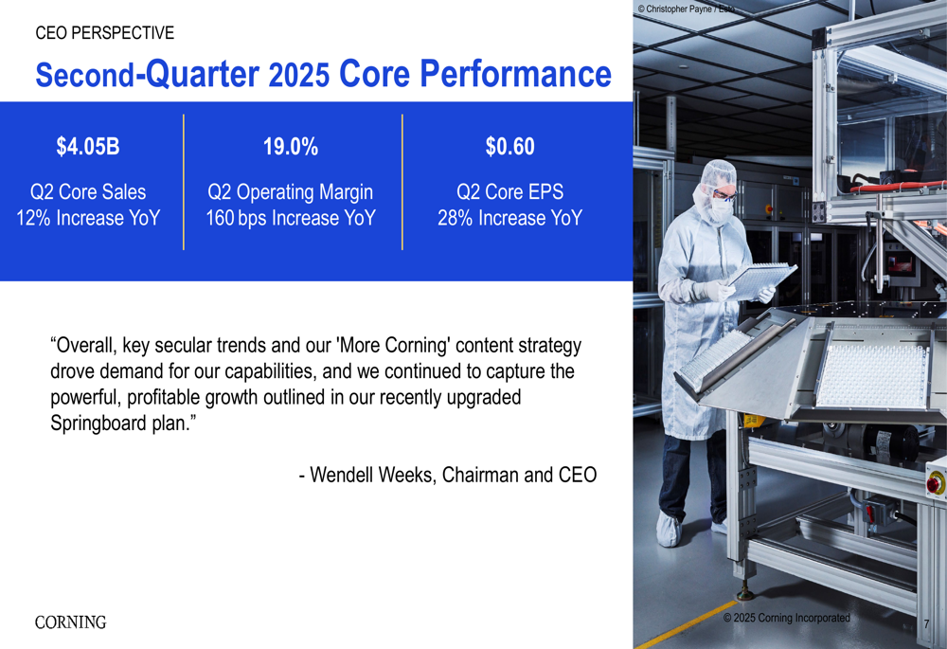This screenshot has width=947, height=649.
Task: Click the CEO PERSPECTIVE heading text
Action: [104, 32]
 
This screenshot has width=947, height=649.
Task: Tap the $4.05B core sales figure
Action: [88, 146]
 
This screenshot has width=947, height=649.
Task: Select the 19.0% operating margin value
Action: [291, 146]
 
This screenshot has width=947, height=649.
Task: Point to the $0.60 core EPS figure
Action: [510, 146]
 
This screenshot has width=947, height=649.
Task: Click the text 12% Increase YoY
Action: [88, 218]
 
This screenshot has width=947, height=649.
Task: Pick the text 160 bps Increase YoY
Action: [291, 218]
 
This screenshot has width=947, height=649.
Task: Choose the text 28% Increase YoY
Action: [510, 218]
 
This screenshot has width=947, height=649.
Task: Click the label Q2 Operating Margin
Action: [291, 192]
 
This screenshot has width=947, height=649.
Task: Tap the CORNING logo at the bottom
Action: [71, 622]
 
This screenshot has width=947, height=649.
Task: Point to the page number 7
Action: [926, 623]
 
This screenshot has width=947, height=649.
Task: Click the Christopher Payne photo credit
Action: [686, 9]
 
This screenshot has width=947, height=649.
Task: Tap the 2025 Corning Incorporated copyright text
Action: [786, 618]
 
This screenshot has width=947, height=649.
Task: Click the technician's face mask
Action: [721, 208]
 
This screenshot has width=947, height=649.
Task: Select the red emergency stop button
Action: [935, 483]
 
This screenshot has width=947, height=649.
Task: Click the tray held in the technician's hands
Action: [762, 279]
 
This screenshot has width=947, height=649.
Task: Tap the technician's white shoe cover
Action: [669, 530]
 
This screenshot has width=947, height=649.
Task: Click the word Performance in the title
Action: [516, 74]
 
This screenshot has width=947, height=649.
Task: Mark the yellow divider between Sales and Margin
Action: [184, 182]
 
